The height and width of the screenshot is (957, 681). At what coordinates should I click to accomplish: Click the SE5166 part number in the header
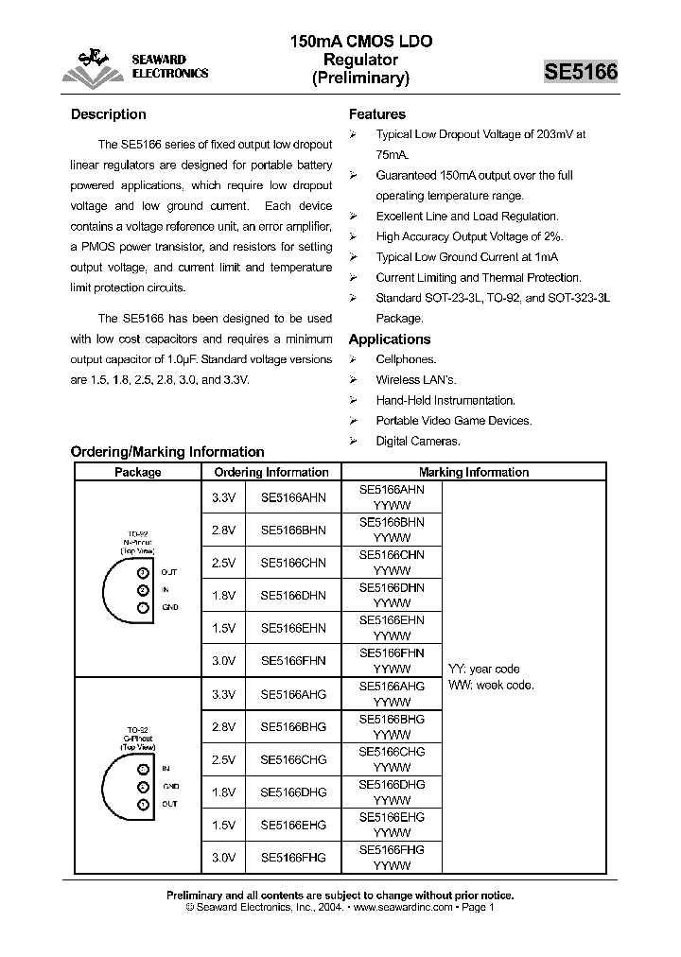580,73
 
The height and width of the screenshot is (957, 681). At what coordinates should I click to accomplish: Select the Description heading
109,114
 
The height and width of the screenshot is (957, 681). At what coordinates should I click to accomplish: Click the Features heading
377,114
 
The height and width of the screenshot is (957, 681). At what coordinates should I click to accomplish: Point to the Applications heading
390,339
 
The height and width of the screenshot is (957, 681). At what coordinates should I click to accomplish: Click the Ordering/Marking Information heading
167,452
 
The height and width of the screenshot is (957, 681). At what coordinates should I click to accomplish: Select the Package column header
138,472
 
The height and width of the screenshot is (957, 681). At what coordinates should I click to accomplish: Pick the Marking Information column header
473,472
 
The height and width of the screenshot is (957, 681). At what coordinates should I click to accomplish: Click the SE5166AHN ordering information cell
293,497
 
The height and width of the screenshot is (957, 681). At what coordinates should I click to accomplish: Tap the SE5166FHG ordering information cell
293,857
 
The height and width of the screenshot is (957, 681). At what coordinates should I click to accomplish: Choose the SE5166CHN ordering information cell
293,563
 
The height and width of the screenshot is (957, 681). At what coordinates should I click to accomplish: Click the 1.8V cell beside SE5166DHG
223,792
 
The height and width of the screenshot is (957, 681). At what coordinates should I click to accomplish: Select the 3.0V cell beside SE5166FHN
223,660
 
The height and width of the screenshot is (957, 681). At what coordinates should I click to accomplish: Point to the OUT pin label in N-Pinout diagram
169,572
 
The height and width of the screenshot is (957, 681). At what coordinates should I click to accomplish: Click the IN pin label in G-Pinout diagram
166,769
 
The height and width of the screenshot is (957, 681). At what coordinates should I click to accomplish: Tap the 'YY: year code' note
484,669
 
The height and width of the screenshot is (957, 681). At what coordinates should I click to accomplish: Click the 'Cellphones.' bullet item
406,359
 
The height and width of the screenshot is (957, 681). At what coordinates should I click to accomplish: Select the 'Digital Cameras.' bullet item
417,441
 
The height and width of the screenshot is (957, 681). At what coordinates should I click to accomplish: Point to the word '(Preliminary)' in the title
360,79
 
